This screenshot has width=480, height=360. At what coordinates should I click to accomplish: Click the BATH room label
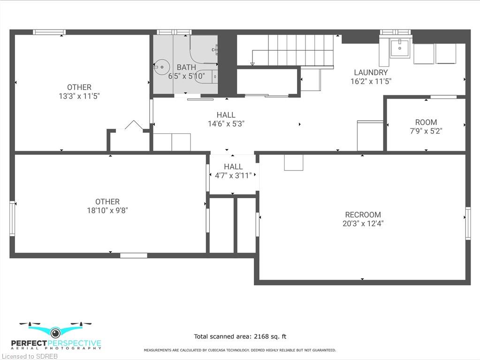click(186, 67)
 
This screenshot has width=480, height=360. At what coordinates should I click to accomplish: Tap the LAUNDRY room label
click(371, 73)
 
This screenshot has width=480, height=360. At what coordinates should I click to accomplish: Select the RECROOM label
click(363, 214)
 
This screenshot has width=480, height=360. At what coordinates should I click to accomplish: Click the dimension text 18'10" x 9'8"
click(107, 210)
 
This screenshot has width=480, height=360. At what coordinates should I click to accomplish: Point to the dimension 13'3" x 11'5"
click(79, 96)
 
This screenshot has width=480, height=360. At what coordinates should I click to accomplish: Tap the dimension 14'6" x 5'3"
click(226, 123)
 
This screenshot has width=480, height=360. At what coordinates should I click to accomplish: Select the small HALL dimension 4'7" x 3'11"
click(233, 176)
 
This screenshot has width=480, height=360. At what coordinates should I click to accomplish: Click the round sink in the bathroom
click(161, 67)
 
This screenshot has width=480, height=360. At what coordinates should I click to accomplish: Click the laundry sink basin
click(400, 48)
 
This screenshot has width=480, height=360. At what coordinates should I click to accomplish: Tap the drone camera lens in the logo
click(55, 332)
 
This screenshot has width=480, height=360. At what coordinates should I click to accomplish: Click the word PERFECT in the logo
click(29, 344)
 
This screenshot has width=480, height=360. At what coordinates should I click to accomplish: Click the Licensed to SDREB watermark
click(30, 356)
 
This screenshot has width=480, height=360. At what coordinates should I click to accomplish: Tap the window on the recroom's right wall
click(468, 223)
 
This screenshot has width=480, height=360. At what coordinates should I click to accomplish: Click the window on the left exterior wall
click(12, 218)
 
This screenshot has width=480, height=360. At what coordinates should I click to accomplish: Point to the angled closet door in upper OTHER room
click(134, 125)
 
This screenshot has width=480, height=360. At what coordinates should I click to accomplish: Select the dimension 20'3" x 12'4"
click(363, 223)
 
